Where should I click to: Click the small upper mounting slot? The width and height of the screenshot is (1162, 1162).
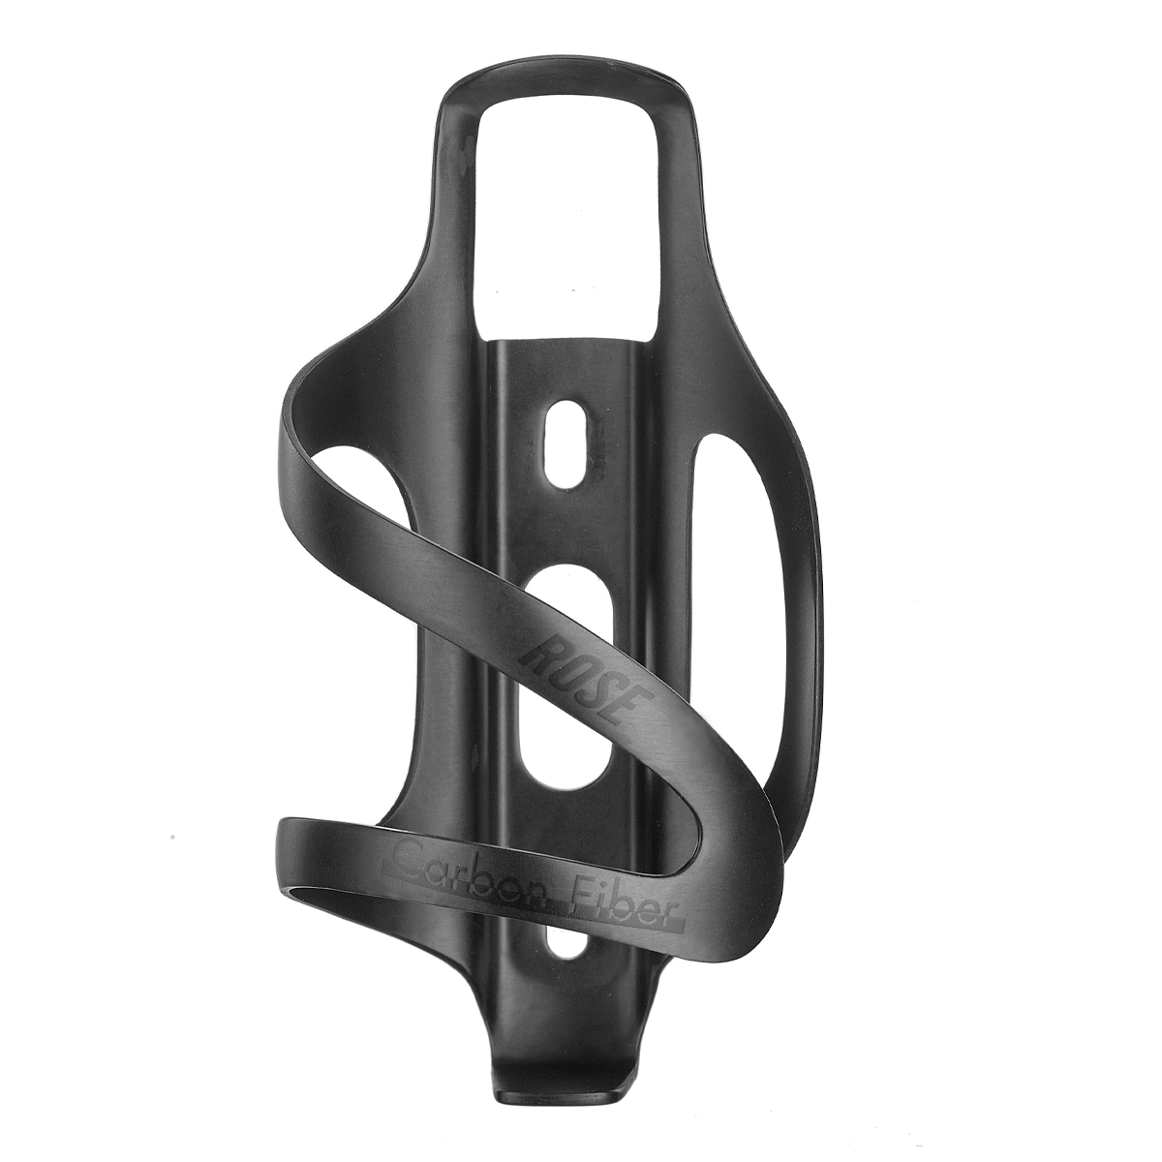(565, 442)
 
